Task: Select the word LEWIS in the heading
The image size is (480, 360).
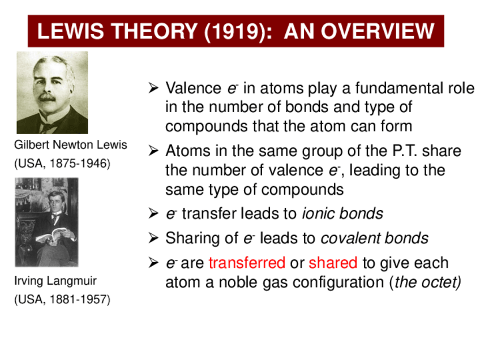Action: coord(70,31)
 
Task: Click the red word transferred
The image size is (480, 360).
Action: coord(247,263)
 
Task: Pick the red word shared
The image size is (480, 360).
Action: coord(333,263)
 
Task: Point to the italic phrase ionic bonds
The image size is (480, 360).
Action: coord(342,213)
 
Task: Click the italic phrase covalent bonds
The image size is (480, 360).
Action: coord(374,238)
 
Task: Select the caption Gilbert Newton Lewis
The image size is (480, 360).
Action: coord(70,144)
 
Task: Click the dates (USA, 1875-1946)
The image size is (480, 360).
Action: coord(62,163)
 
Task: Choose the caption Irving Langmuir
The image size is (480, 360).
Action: coord(55,280)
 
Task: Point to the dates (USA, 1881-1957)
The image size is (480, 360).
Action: coord(62,299)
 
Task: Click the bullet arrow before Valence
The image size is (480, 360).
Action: coord(153,88)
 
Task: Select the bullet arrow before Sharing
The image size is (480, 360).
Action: coord(153,238)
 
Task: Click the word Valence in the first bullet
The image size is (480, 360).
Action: coord(193,88)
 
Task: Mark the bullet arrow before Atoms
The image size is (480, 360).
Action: coord(153,151)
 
